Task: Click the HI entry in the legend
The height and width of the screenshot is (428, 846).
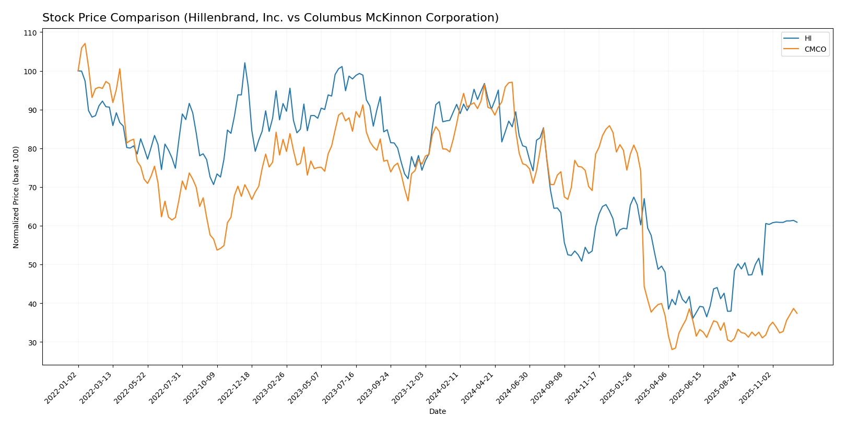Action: point(807,39)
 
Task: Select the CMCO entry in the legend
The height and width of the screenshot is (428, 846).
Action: point(815,50)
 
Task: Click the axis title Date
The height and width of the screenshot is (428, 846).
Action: point(437,412)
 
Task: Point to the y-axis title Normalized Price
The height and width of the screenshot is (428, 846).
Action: point(16,197)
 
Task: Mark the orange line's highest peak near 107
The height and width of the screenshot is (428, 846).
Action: point(85,43)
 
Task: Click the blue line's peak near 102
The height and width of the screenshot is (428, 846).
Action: point(244,63)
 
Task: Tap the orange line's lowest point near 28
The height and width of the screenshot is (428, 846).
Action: point(672,350)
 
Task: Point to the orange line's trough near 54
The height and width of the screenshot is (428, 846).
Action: point(217,250)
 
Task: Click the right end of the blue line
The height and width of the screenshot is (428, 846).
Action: point(797,223)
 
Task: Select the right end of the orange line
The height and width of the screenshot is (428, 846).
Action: point(797,314)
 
